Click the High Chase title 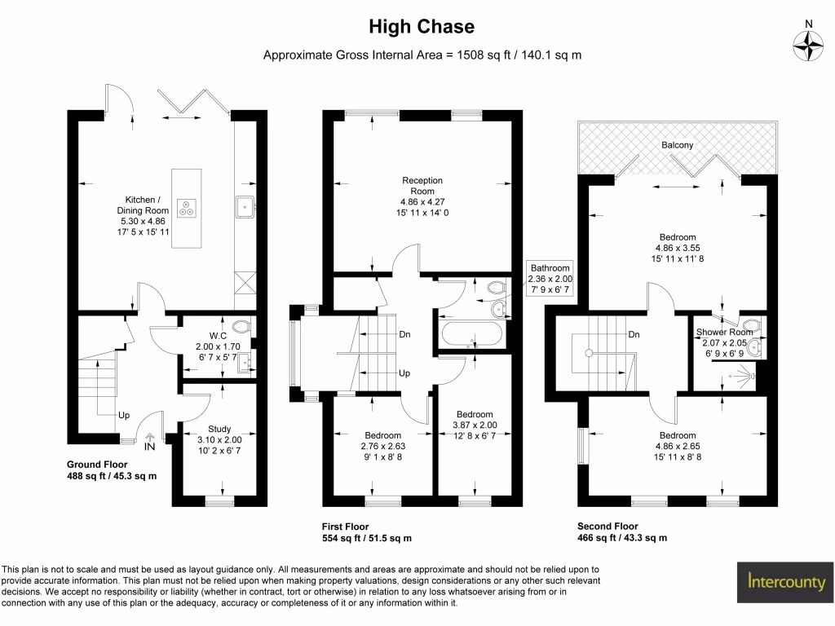coord(422,27)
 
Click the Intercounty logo coord(787,582)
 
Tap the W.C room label coord(217,335)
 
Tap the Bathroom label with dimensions coord(550,278)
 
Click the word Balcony coord(677,145)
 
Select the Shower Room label coord(724,332)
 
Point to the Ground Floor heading coord(97,464)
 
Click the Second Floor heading coord(607,527)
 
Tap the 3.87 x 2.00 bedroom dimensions coord(474,425)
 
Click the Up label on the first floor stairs coord(404,373)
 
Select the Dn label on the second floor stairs coord(634,334)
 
